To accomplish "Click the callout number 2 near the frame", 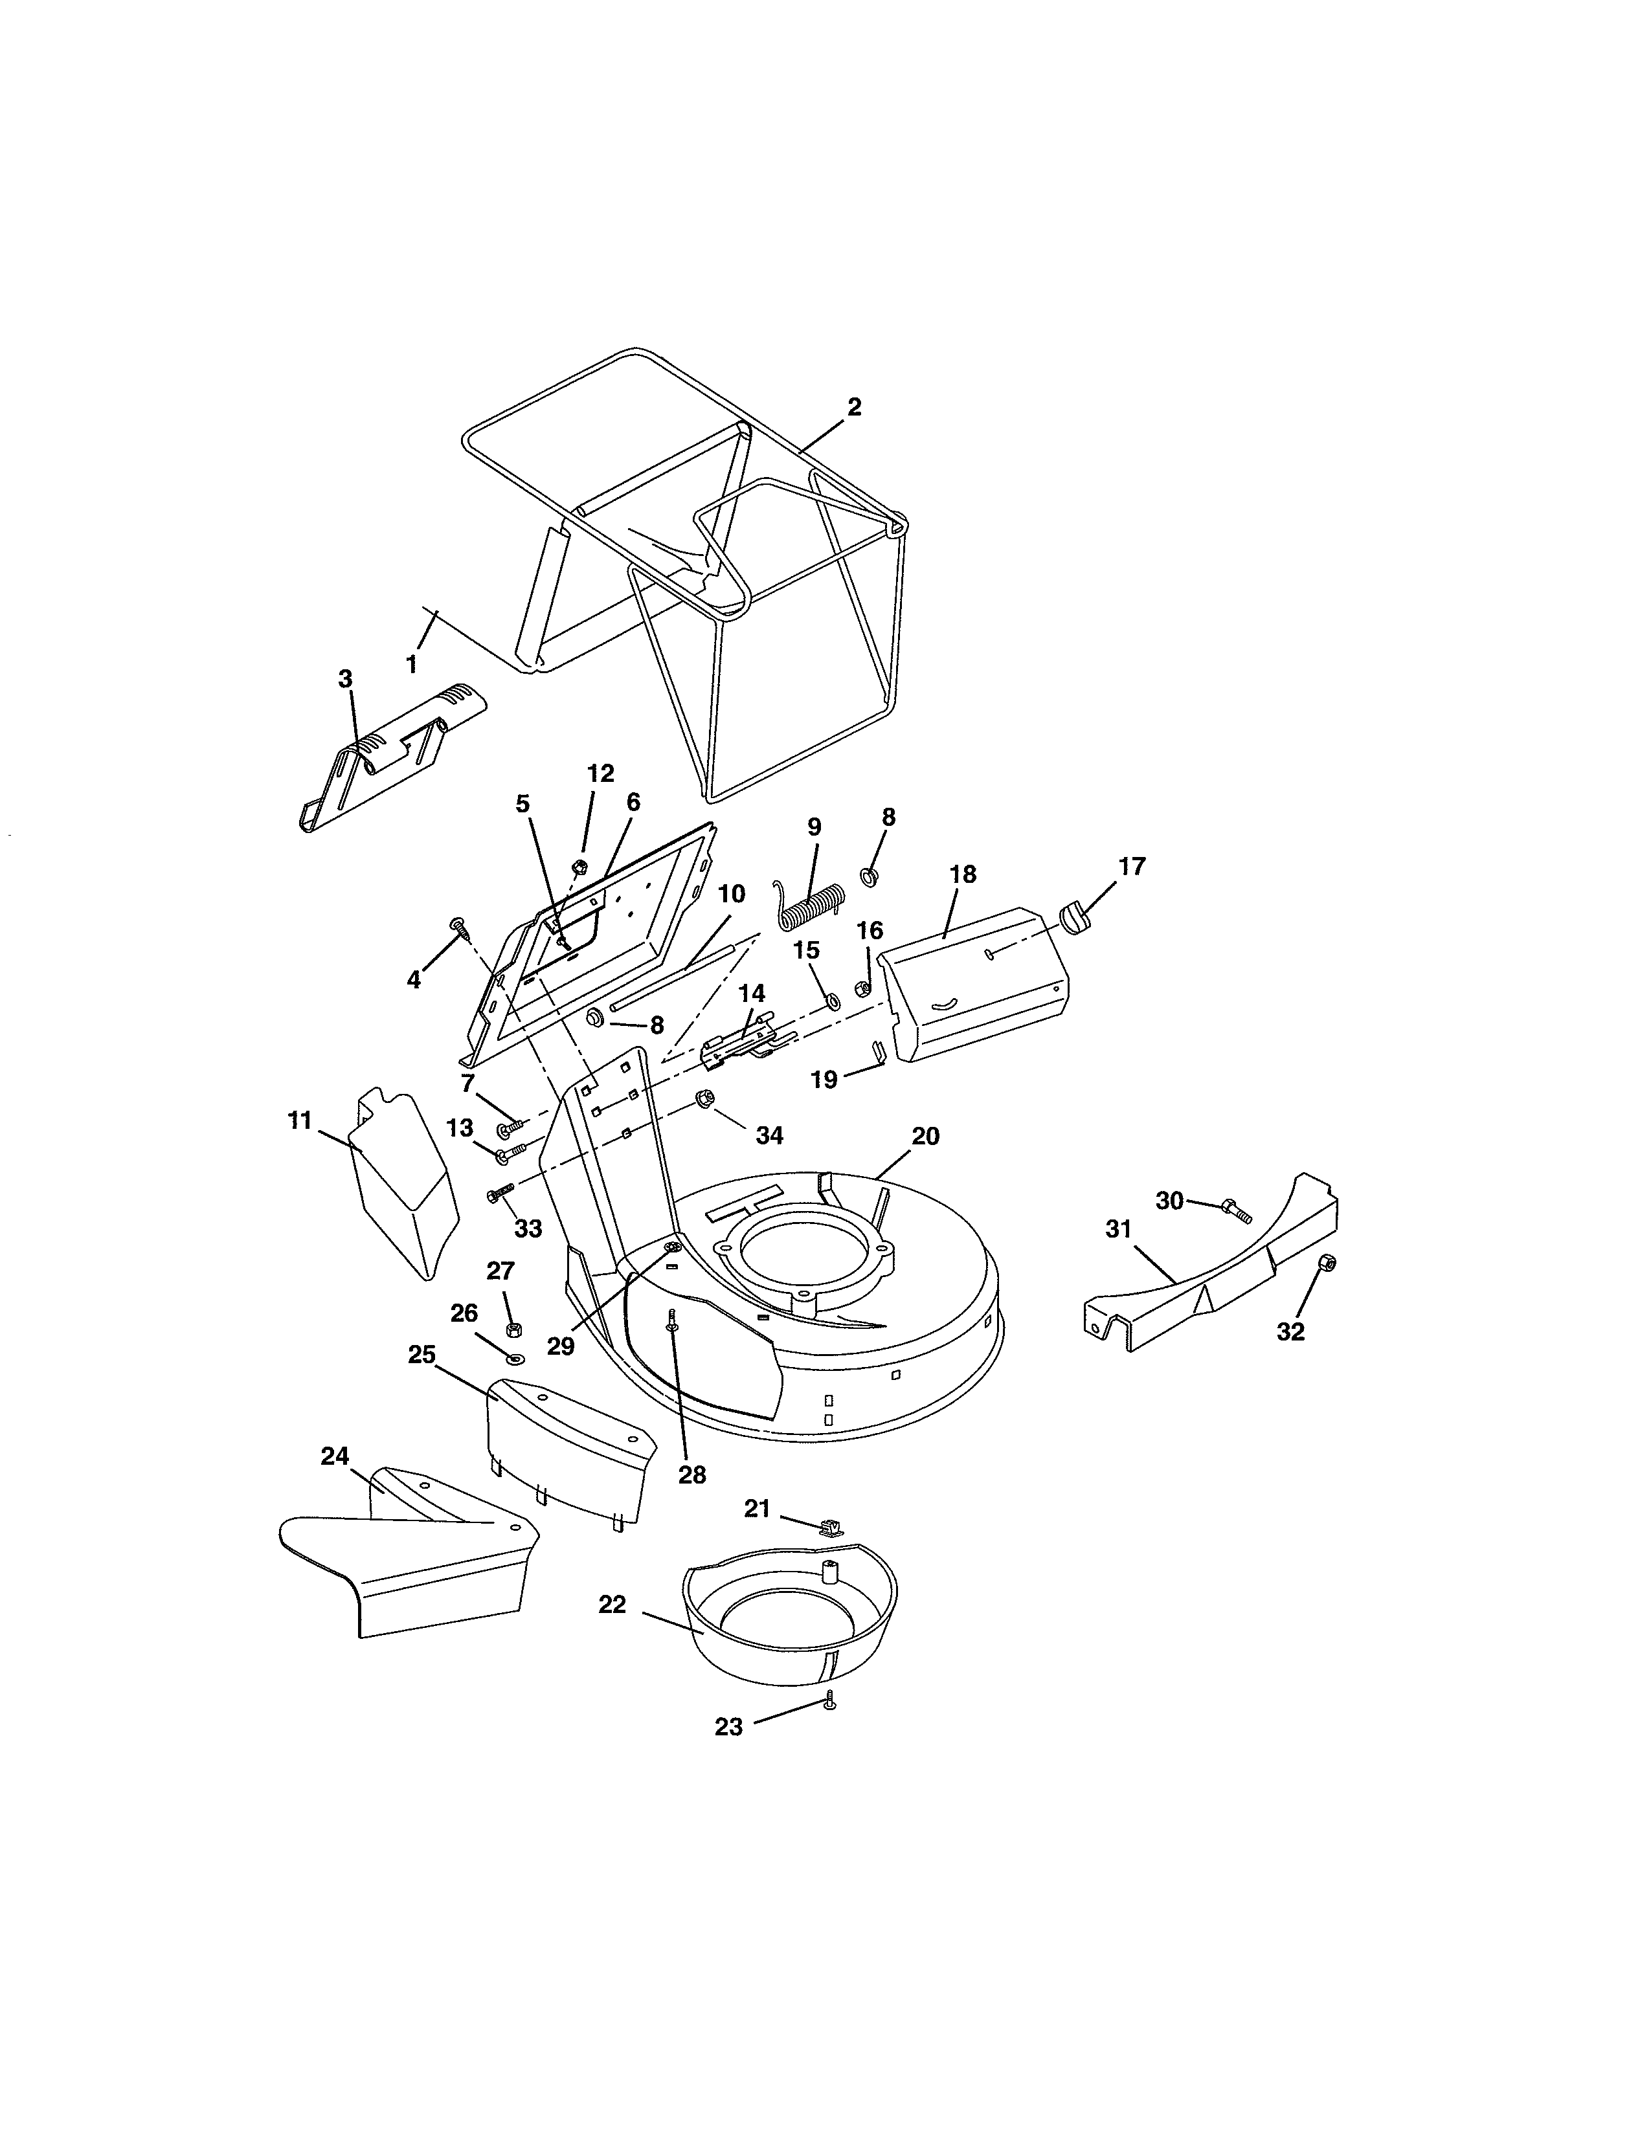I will pyautogui.click(x=854, y=407).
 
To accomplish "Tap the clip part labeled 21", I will pyautogui.click(x=829, y=1528).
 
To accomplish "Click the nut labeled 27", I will pyautogui.click(x=513, y=1328).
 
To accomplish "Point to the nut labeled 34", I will pyautogui.click(x=703, y=1100).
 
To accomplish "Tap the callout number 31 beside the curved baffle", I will pyautogui.click(x=1118, y=1229).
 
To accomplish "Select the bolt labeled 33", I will pyautogui.click(x=500, y=1193).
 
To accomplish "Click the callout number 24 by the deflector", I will pyautogui.click(x=335, y=1456).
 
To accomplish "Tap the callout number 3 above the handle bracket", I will pyautogui.click(x=344, y=679).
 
